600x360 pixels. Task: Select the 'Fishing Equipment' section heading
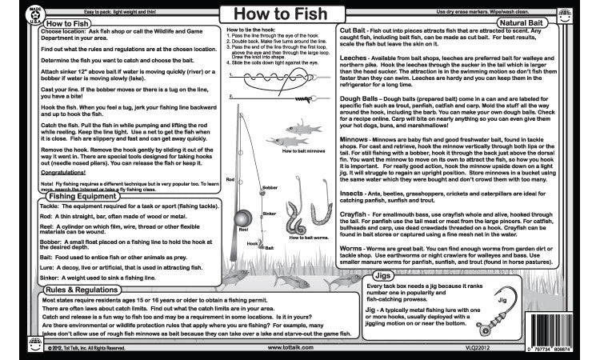[54, 218]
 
